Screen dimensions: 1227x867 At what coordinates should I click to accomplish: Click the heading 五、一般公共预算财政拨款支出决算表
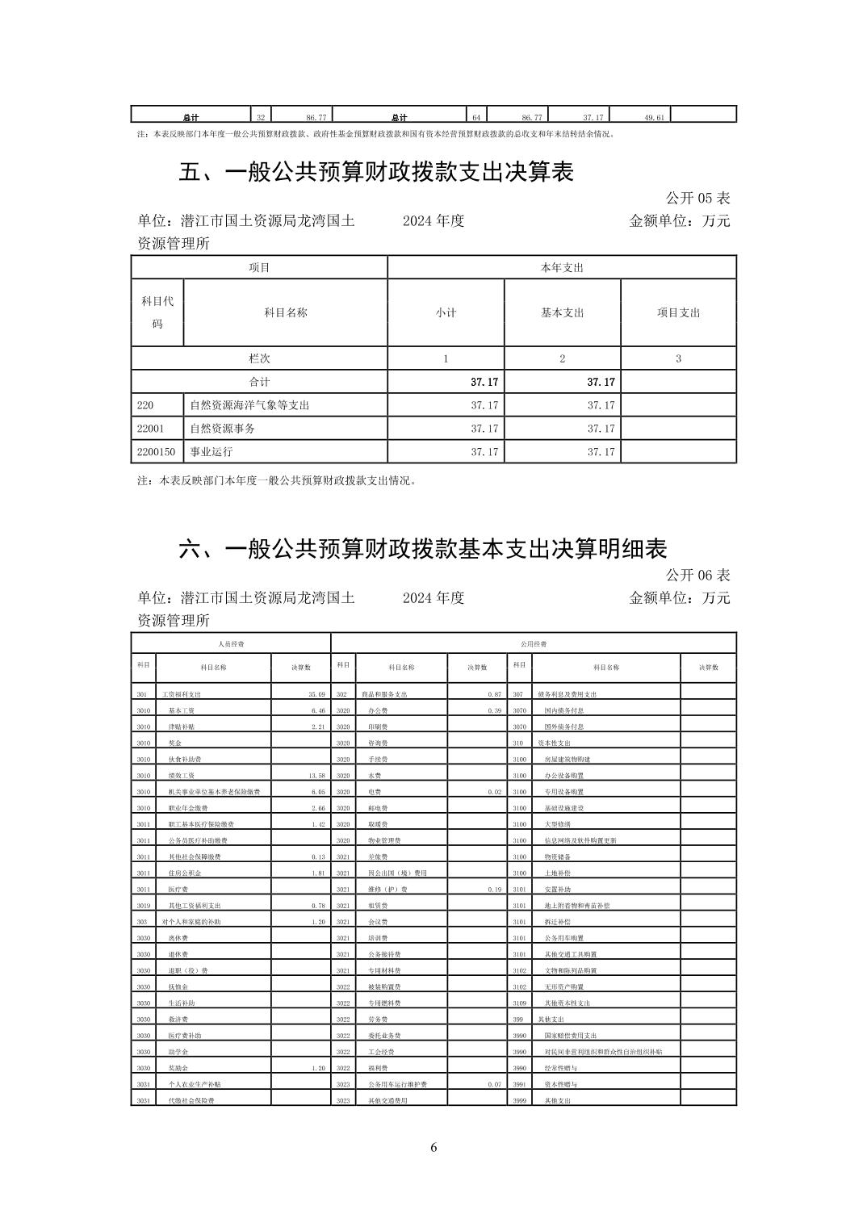click(x=375, y=172)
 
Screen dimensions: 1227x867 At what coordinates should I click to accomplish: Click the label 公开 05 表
click(x=697, y=198)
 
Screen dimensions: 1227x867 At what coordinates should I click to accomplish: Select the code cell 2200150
click(x=157, y=451)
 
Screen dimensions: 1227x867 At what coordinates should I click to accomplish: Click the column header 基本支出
click(x=562, y=312)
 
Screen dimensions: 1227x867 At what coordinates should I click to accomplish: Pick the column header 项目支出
click(x=678, y=312)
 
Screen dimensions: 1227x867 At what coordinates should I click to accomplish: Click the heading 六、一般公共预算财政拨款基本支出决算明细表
click(x=422, y=549)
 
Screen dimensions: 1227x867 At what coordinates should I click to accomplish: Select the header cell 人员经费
click(x=231, y=644)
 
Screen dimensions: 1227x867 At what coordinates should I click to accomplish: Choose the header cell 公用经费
click(x=533, y=644)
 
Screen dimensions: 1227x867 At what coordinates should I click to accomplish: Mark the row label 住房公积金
click(x=185, y=873)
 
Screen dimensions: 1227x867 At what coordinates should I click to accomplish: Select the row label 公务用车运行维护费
click(x=396, y=1084)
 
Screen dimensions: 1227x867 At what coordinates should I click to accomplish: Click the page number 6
click(x=433, y=1148)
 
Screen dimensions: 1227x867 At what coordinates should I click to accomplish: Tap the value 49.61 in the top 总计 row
click(x=654, y=118)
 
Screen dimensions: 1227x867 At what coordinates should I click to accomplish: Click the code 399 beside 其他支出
click(x=520, y=1020)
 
